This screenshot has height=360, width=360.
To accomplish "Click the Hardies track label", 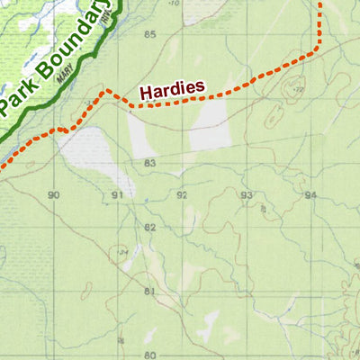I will tap(172, 89).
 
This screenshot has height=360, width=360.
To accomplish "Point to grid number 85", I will tap(149, 35).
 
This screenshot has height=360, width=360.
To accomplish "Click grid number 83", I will tap(149, 163).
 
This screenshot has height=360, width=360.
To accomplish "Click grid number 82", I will tap(149, 228).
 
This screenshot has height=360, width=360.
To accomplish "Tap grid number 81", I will tap(149, 292).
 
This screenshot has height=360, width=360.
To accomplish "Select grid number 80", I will tap(149, 355).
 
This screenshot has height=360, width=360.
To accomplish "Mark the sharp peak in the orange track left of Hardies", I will tap(106, 90).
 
